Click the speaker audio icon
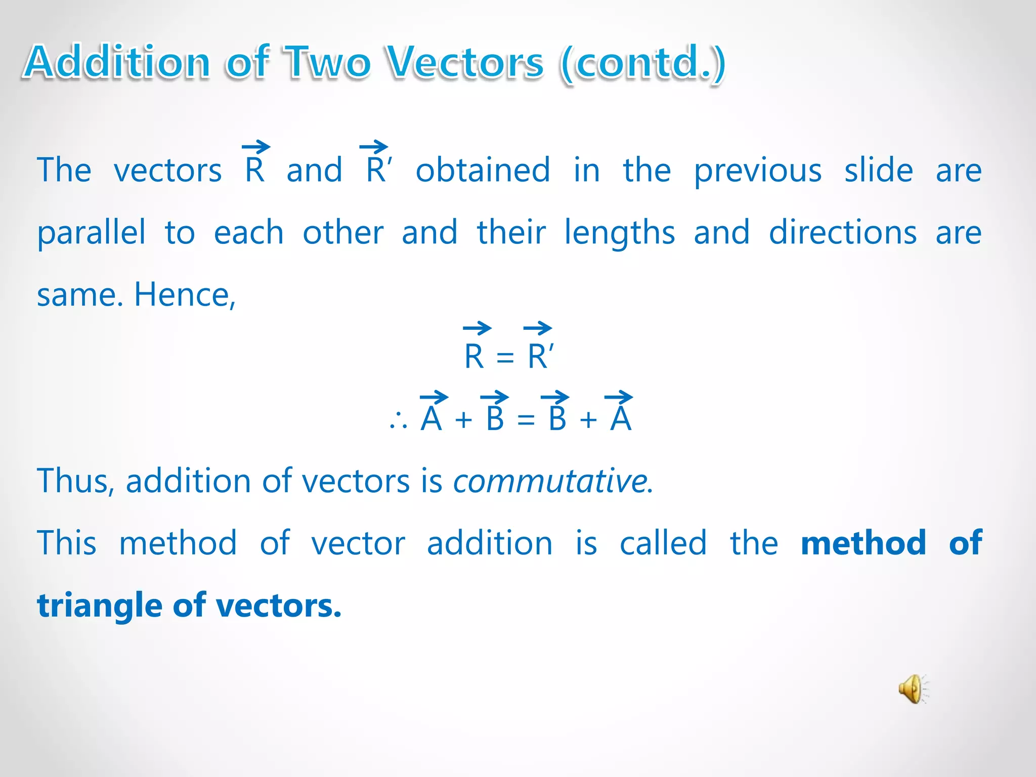[x=913, y=688]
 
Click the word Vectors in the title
[x=464, y=63]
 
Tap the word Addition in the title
[x=117, y=63]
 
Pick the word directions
[x=843, y=233]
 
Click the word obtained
[x=483, y=170]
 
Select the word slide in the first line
[x=878, y=170]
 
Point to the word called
[x=663, y=543]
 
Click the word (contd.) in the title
[x=643, y=63]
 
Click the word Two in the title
[x=328, y=63]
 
